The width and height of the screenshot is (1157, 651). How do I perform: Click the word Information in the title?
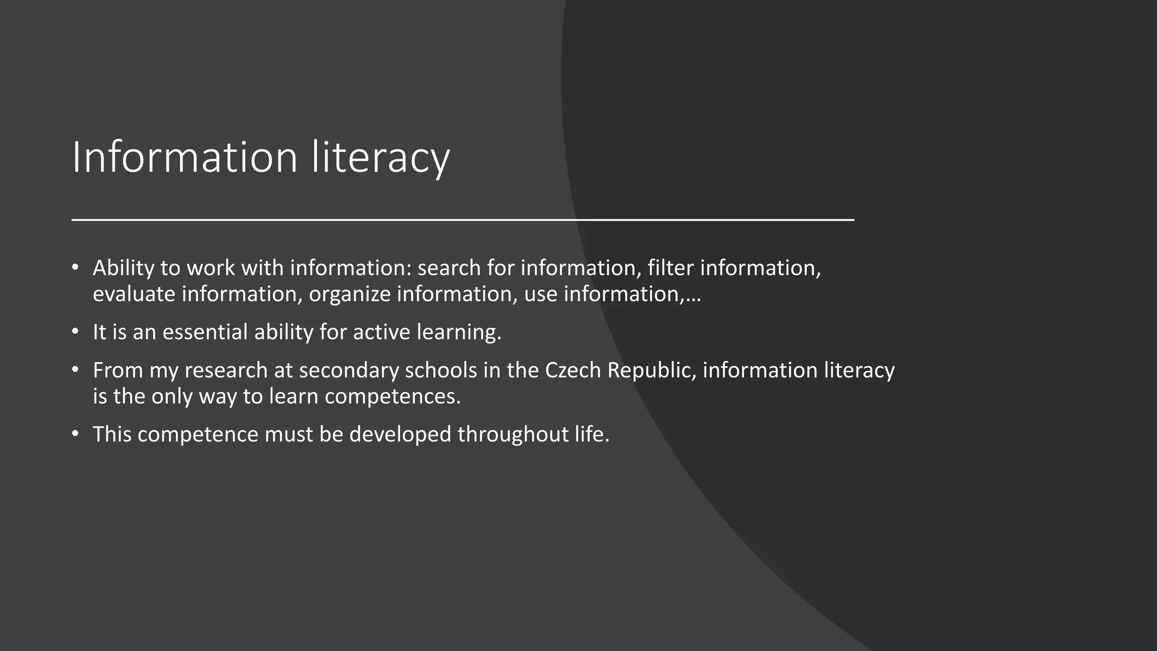coord(184,157)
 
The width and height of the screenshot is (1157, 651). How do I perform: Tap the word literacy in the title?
coord(380,157)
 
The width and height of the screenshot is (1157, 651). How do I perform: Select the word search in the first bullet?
coord(449,268)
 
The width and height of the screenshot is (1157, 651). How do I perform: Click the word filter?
coord(670,268)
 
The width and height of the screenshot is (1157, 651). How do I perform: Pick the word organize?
coord(350,294)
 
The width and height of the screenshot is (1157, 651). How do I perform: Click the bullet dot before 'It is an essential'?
coord(76,332)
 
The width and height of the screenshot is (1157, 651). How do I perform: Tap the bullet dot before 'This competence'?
coord(76,434)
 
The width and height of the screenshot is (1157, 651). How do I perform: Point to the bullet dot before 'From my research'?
coord(76,370)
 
